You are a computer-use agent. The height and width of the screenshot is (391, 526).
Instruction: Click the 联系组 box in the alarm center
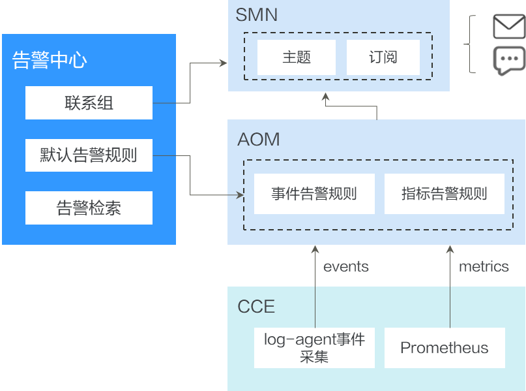[89, 102]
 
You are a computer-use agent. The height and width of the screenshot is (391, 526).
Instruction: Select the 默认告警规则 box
[89, 155]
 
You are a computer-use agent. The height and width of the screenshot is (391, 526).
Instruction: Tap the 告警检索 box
[89, 208]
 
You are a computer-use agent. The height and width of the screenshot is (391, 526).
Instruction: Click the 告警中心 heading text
[50, 60]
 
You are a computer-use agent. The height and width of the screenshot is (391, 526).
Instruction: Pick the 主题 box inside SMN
[297, 57]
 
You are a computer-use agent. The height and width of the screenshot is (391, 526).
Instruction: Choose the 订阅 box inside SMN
[383, 57]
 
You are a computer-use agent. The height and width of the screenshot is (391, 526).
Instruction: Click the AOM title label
[259, 139]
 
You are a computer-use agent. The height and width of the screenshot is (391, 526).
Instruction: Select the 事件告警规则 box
[314, 194]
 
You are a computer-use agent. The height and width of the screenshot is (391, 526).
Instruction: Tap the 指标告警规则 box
[445, 194]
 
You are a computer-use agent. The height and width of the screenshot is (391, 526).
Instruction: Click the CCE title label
[256, 306]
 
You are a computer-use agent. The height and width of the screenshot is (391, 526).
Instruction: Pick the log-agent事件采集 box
[314, 347]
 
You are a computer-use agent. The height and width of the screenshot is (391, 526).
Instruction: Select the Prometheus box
[445, 347]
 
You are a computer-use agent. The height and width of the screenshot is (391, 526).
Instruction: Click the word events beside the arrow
[345, 266]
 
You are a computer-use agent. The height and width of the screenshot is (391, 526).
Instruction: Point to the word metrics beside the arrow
[483, 266]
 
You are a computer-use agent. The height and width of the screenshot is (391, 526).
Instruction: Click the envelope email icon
[508, 27]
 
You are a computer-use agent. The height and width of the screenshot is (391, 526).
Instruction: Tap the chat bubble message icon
[508, 60]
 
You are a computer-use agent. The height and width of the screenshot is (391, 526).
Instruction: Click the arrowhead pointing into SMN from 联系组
[223, 63]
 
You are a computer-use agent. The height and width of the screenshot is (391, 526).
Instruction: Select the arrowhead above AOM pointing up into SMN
[324, 97]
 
